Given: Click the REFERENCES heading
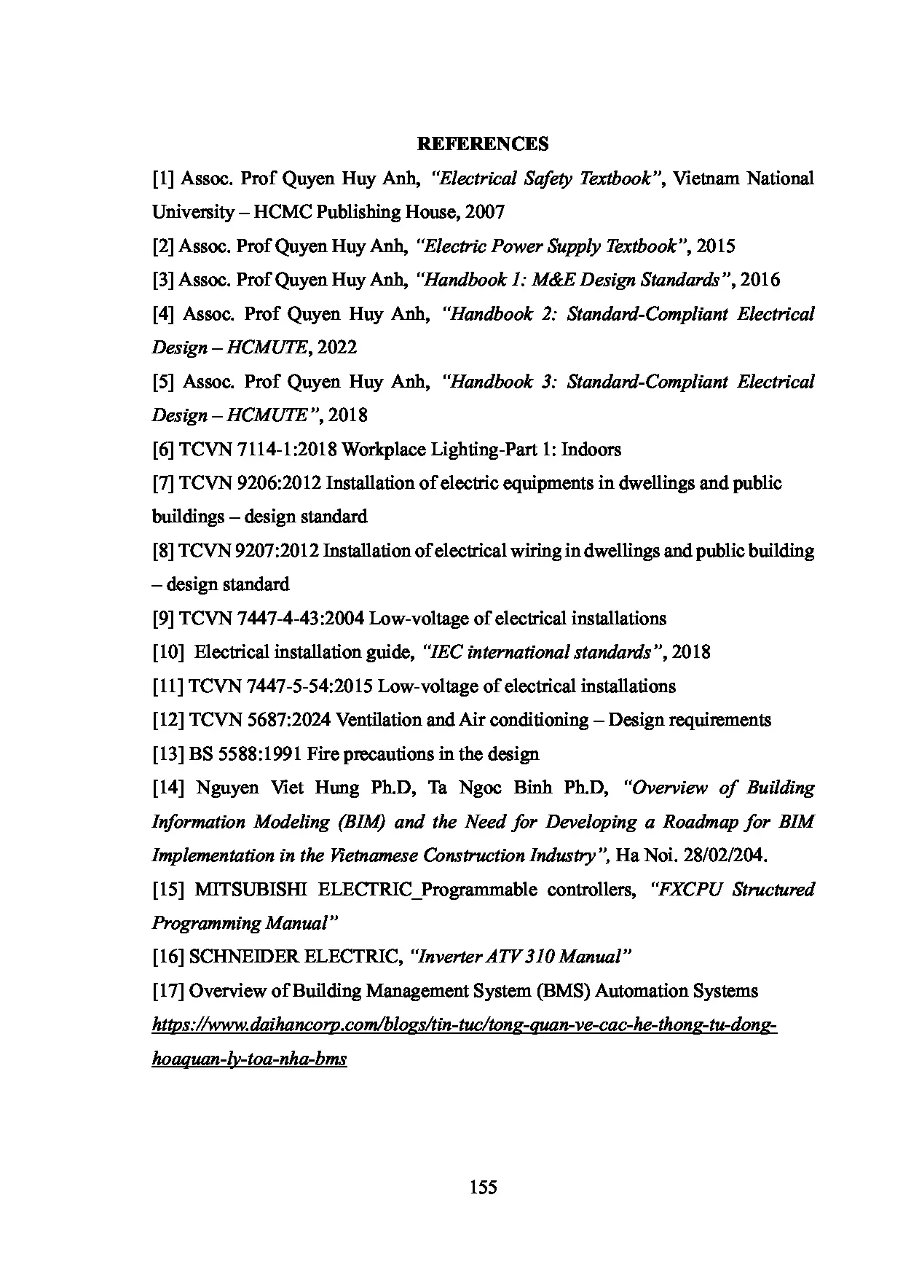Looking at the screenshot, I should point(483,144).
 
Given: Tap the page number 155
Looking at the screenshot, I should point(484,1188).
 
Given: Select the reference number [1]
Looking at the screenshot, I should point(163,179).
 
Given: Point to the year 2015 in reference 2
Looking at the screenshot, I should point(715,246).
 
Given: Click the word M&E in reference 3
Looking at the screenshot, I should point(553,280).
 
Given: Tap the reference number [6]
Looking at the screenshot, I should point(163,450).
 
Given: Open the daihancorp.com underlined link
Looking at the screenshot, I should point(464,1026).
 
